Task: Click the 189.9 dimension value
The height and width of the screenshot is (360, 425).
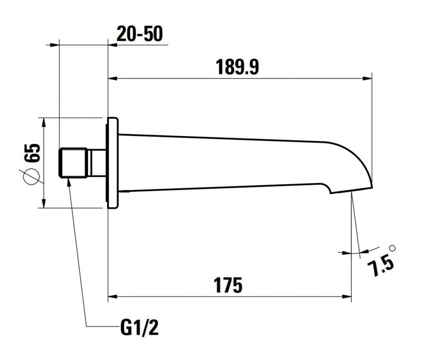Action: point(237,67)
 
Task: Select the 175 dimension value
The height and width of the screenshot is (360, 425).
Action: point(228,285)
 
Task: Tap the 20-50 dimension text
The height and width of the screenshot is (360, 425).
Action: point(139,34)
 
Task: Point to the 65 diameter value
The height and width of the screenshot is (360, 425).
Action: point(32,153)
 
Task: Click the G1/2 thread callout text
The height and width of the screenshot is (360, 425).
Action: point(139,328)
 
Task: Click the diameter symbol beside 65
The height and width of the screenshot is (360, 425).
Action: point(31,177)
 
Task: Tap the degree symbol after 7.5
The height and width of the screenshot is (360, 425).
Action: point(392,248)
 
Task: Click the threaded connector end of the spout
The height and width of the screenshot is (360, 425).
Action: point(73,163)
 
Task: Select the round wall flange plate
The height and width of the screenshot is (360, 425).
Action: point(112,163)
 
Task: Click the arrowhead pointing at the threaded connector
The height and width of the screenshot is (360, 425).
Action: point(68,182)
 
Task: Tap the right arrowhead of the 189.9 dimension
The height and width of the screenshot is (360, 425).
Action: point(368,79)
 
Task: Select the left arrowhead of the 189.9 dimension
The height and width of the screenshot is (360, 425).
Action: point(112,79)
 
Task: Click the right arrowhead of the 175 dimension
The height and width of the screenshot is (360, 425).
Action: point(347,297)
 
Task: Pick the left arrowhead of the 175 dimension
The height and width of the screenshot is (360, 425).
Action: point(112,297)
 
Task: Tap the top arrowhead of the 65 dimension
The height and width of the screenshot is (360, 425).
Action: point(44,122)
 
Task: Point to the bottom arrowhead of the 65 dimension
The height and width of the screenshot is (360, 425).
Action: point(44,203)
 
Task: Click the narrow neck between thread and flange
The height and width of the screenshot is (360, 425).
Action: point(97,163)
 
